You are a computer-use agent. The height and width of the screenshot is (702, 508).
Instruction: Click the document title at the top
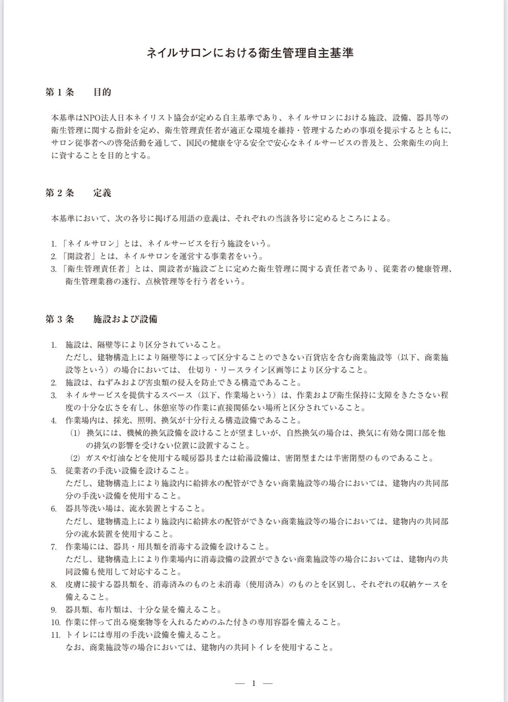click(250, 53)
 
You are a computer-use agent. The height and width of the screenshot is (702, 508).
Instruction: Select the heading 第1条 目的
click(79, 92)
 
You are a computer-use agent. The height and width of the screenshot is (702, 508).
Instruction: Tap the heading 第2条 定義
click(79, 193)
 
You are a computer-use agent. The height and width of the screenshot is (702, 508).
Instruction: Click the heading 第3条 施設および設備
click(102, 320)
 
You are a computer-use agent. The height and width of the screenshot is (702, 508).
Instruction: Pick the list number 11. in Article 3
click(55, 635)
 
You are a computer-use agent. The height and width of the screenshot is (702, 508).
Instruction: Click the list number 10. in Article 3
click(55, 623)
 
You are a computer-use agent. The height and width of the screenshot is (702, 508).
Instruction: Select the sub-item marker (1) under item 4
click(76, 433)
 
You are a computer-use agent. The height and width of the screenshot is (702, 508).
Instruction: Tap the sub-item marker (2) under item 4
click(76, 458)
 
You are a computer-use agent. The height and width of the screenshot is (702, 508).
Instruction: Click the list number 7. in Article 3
click(54, 547)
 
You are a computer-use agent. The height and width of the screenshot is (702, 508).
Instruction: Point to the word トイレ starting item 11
click(78, 635)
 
